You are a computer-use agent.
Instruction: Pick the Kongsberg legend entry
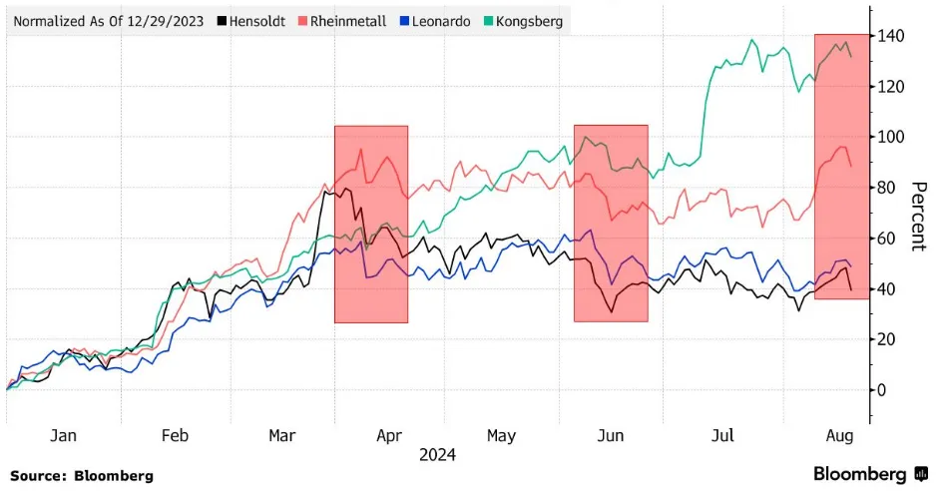click(522, 21)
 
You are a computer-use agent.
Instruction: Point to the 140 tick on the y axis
click(891, 37)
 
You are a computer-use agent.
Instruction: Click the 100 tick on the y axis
click(891, 138)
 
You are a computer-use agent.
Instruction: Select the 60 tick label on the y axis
click(889, 239)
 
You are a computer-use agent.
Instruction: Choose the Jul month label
click(723, 436)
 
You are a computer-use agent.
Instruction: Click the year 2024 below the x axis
click(437, 455)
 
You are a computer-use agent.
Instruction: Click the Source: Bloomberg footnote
click(82, 476)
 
